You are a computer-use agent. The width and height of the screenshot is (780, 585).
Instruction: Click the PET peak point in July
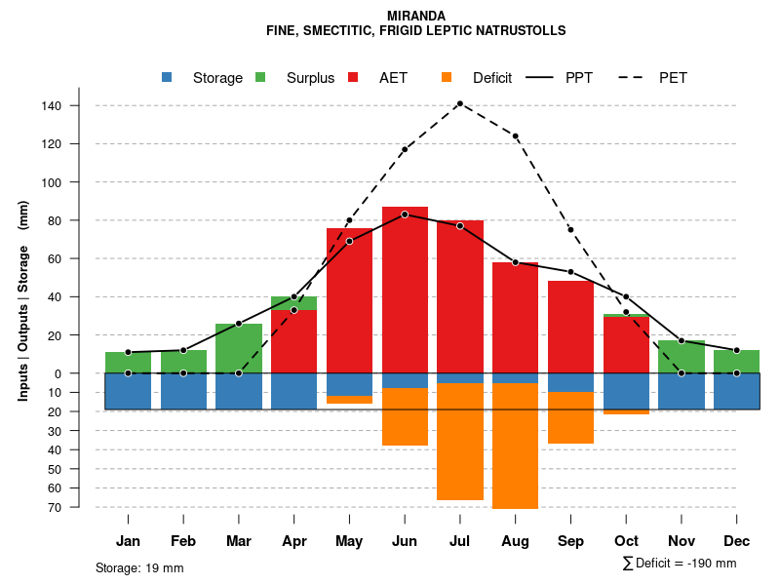click(460, 103)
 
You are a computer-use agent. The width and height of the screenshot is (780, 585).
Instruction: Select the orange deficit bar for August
click(516, 446)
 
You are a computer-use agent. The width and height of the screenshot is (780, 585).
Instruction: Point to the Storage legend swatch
click(167, 77)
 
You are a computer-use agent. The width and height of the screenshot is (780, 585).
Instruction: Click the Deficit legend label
click(492, 78)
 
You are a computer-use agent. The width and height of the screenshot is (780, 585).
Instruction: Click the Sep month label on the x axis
click(570, 541)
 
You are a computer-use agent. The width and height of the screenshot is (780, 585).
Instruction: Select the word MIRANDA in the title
click(416, 16)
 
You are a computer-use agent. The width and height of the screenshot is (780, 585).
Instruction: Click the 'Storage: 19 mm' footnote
click(139, 567)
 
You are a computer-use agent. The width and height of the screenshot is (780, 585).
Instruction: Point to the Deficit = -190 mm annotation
click(680, 564)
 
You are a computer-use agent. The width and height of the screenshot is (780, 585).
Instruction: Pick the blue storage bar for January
click(128, 391)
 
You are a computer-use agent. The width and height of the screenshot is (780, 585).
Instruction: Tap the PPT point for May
click(349, 241)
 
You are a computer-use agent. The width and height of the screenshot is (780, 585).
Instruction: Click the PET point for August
click(516, 136)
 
